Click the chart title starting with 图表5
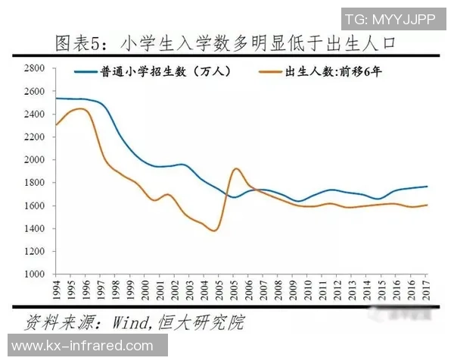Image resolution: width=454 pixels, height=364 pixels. coord(227,43)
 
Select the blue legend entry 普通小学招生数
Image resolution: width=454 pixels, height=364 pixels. coord(151,74)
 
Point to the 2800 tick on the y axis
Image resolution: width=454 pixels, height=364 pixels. coord(36,68)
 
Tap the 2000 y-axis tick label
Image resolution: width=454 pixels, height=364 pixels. coord(36,160)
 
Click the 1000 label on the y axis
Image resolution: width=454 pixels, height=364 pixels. coord(36,275)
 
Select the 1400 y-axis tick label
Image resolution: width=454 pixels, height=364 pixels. coord(36,229)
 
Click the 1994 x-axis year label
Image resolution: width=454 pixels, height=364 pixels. coord(56,290)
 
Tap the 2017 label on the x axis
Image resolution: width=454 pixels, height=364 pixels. coord(427,290)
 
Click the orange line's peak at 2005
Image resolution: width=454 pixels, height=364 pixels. coord(235,168)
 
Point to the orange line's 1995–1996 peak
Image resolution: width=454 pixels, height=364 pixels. coord(80,109)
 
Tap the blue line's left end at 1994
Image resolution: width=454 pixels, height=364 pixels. coord(56,99)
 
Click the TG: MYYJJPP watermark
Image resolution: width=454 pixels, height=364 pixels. coord(390,19)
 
